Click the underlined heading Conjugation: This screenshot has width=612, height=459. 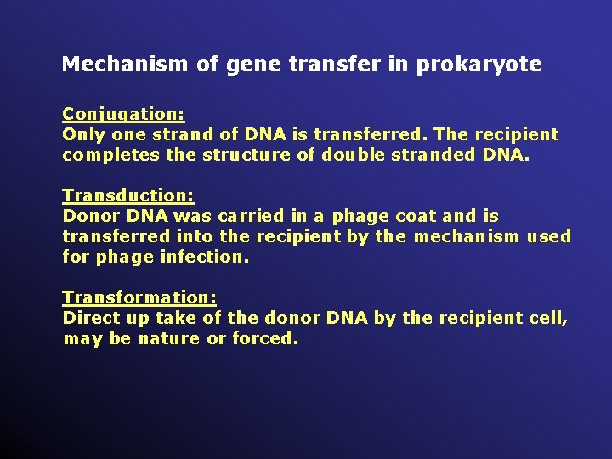123,114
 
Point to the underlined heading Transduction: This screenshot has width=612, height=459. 128,196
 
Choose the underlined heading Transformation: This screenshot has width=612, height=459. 139,297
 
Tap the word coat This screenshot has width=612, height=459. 416,217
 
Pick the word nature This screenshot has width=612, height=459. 170,339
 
